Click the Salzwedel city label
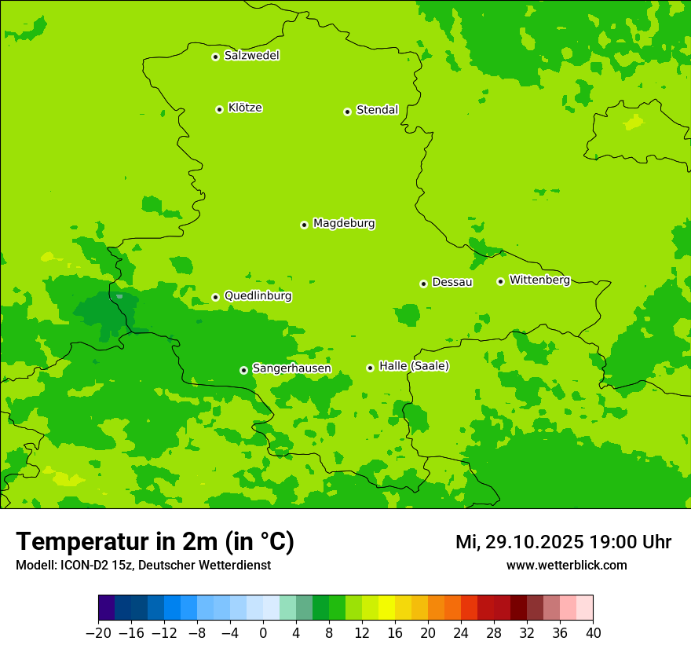coord(251,56)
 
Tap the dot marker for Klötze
coord(219,109)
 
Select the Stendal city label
coord(377,110)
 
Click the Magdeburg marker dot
coord(304,225)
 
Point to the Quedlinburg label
coord(258,296)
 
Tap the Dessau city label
coord(452,282)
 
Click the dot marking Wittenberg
coord(500,281)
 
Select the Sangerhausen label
coord(291,368)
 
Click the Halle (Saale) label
coord(414,366)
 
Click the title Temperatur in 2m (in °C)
coord(155,542)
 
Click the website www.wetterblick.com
coord(566,566)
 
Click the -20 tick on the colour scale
coord(98,633)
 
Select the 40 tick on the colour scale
coord(593,633)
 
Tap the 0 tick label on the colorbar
coord(263,633)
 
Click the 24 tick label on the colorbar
coord(461,633)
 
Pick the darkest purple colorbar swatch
coord(106,608)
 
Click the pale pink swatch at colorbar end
coord(585,608)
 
